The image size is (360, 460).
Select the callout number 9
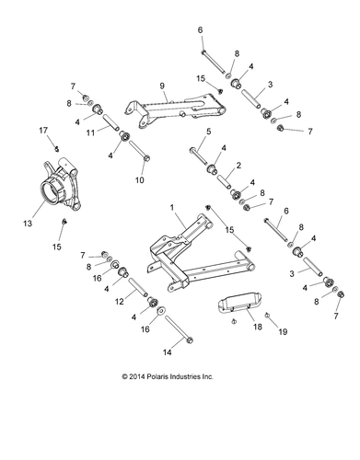(x=164, y=94)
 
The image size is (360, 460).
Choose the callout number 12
(x=118, y=301)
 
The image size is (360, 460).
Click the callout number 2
(x=240, y=166)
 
